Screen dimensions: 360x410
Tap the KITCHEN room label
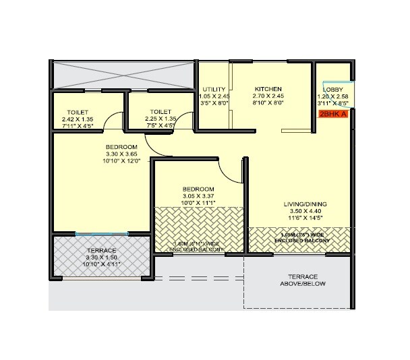(268, 89)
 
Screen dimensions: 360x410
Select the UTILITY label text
(214, 89)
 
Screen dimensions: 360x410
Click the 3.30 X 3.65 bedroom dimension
(121, 154)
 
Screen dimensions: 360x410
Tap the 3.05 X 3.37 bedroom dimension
(198, 196)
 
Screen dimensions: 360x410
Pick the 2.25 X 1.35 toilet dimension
(160, 119)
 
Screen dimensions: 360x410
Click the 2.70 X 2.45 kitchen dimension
(268, 96)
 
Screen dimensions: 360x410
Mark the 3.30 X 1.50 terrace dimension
(100, 258)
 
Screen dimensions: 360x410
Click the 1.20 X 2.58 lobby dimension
(332, 96)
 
